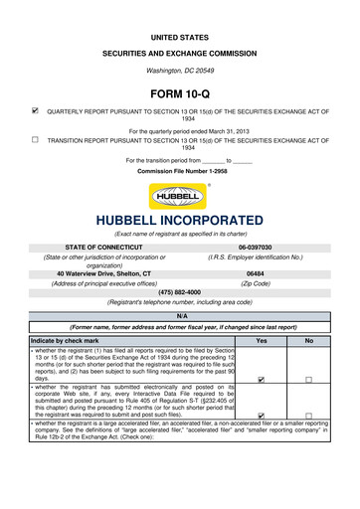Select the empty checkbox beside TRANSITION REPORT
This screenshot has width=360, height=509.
[x=35, y=140]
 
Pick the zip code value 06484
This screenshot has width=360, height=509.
[x=255, y=273]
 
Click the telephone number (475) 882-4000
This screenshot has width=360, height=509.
[x=180, y=292]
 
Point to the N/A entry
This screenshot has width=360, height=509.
[x=180, y=315]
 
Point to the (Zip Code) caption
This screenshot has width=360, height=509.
[x=255, y=283]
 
